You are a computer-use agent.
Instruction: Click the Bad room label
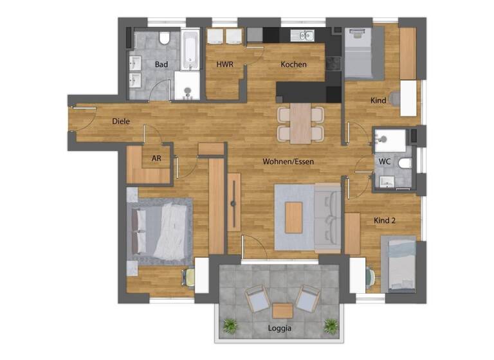tap(161, 64)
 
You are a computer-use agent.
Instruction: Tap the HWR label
tap(224, 64)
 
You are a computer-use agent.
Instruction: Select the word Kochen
tap(293, 64)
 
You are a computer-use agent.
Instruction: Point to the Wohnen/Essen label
tap(288, 161)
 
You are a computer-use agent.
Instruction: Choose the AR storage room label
tap(156, 157)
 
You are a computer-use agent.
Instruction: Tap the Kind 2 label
tap(385, 221)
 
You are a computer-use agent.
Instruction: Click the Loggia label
tap(279, 328)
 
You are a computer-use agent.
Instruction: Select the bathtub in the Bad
tap(190, 50)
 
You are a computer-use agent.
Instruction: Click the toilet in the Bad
tap(165, 39)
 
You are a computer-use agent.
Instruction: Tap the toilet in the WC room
tap(404, 163)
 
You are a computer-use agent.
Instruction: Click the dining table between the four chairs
tap(300, 123)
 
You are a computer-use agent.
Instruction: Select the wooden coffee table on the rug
tap(293, 217)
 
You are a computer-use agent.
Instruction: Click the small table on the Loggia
tap(282, 310)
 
